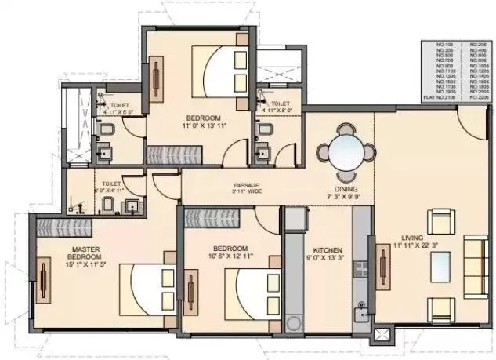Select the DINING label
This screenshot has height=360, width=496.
(346, 190)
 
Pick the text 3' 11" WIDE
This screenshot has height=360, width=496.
(245, 192)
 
